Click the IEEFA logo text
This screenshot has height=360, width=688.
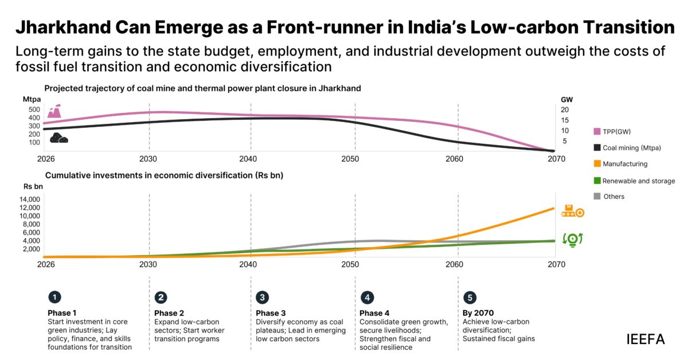click(646, 339)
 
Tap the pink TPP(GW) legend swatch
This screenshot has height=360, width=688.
click(597, 131)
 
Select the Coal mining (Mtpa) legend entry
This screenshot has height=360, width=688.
click(628, 148)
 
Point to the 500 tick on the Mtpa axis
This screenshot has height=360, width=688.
click(33, 109)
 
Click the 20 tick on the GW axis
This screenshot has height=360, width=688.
click(564, 109)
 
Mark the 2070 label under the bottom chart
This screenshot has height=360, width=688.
click(556, 264)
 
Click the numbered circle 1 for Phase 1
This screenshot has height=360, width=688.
click(54, 298)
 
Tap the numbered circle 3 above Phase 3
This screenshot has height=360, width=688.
click(263, 298)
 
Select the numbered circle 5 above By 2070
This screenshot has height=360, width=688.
click(470, 298)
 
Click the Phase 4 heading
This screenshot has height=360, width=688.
click(374, 313)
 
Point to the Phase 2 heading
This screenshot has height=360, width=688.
click(169, 313)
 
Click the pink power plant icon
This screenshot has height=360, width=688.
click(54, 111)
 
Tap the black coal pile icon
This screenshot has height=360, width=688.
click(58, 138)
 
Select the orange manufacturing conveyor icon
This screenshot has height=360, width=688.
click(572, 210)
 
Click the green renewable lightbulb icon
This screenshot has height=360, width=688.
click(572, 239)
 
